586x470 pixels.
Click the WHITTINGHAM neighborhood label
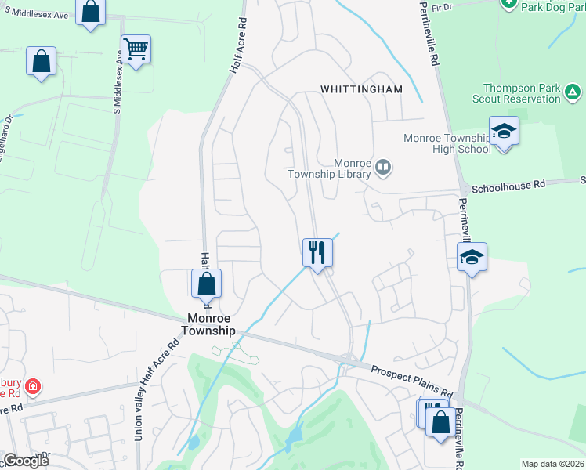pos(361,89)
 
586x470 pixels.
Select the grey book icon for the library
pos(383,166)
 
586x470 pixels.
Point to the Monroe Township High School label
pos(447,143)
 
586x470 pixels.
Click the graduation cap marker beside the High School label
pos(504,132)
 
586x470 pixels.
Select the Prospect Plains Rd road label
pos(412,381)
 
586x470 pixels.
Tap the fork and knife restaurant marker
pos(317,252)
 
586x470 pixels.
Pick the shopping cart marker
pos(136,49)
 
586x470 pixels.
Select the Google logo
pos(25,461)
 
